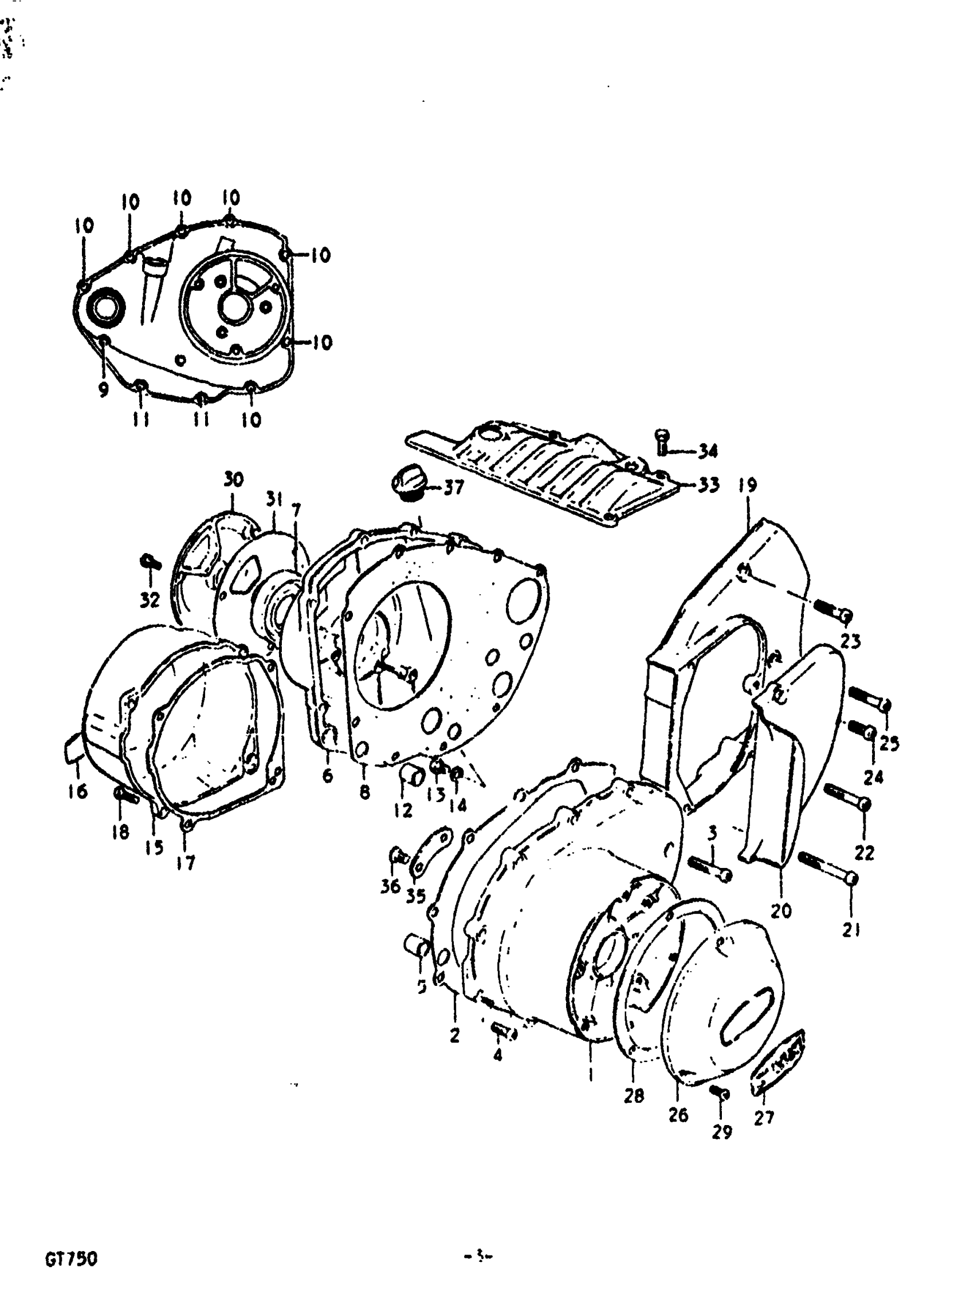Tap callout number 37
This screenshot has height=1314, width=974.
[453, 488]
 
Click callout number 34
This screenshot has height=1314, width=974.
[708, 451]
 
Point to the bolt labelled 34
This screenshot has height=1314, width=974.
[662, 442]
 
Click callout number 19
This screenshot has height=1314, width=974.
[747, 486]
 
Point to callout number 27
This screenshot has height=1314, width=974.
[764, 1117]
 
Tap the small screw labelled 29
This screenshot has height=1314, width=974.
[720, 1092]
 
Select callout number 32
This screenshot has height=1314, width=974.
[150, 600]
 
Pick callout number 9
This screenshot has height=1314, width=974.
[104, 390]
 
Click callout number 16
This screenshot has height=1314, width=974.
[78, 791]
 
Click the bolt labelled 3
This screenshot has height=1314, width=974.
[709, 868]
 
